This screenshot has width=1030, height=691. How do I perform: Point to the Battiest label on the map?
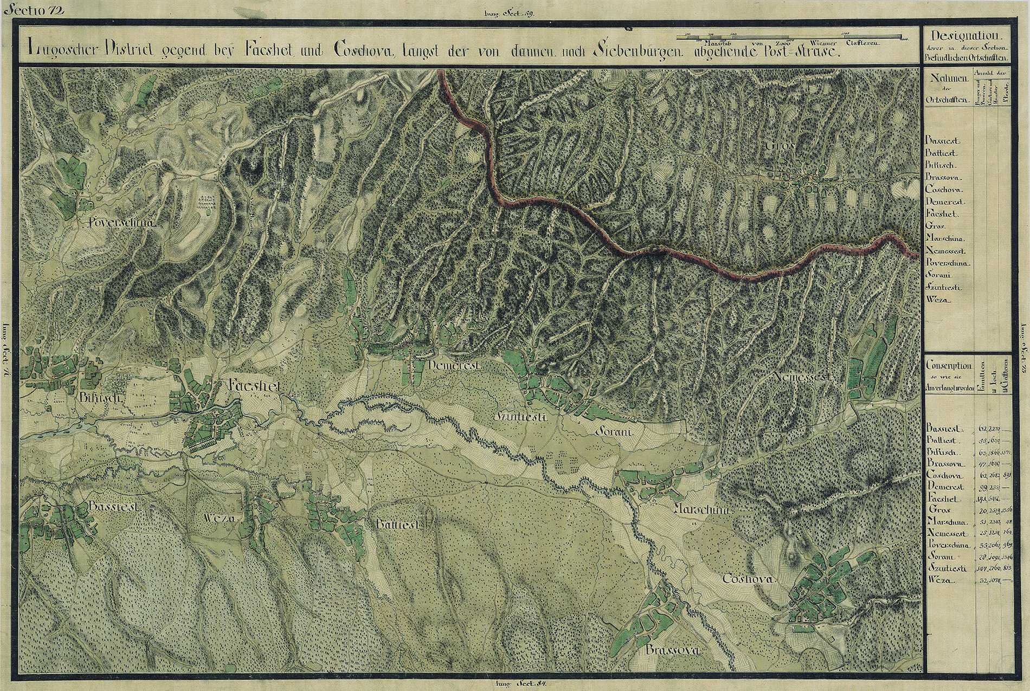click(398, 525)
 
